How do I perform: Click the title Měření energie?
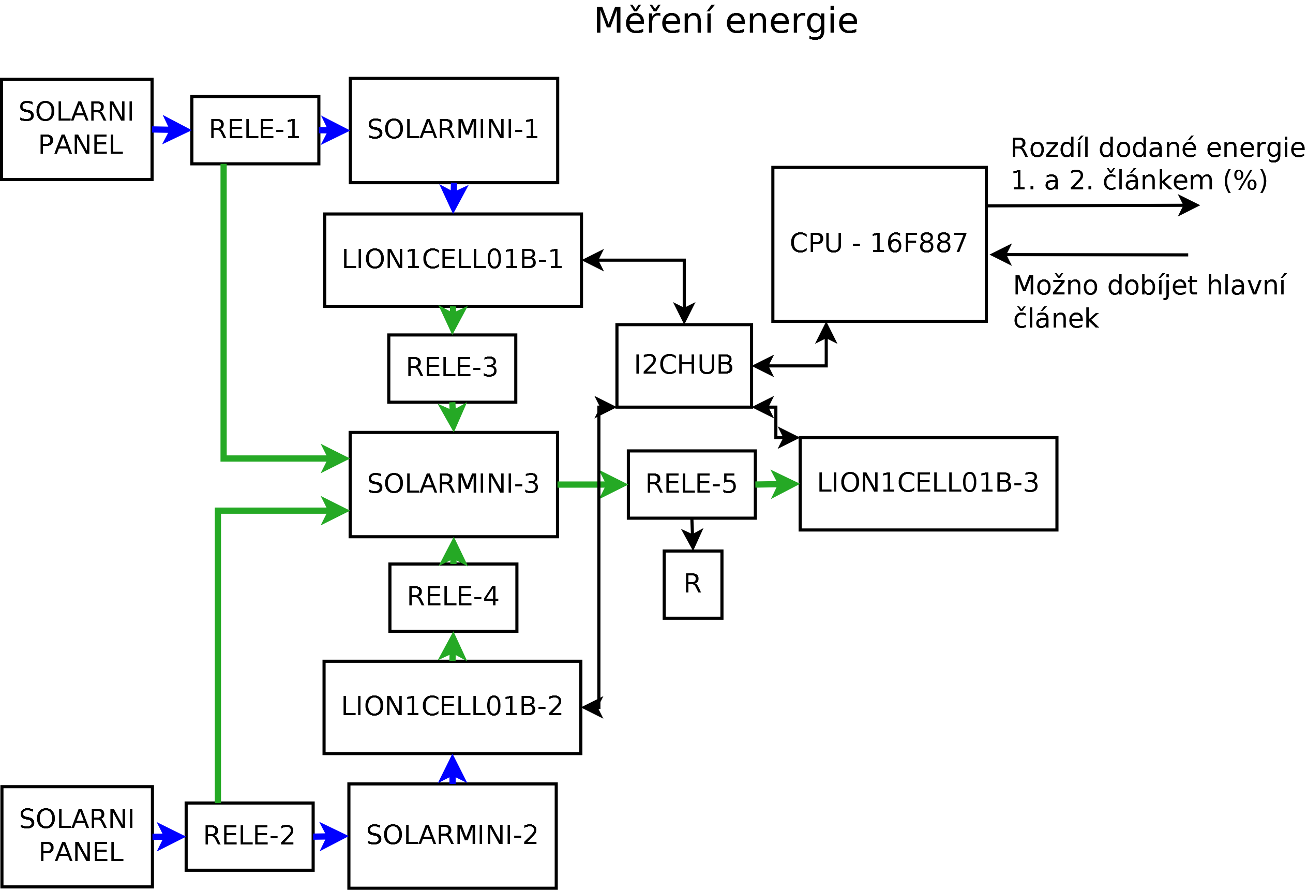[726, 21]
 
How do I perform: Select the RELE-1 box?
[255, 130]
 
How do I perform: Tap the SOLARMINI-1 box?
[453, 130]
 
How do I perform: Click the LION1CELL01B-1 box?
[453, 260]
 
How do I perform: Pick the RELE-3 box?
[452, 368]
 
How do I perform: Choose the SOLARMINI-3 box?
[453, 484]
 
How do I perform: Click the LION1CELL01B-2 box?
[452, 707]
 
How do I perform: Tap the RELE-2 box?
[249, 836]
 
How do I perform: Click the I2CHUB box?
[684, 365]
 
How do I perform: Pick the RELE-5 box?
[691, 484]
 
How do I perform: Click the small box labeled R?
[693, 584]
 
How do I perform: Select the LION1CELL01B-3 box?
[928, 483]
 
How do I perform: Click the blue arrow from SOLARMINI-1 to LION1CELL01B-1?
[453, 198]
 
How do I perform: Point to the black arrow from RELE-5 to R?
[693, 534]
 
